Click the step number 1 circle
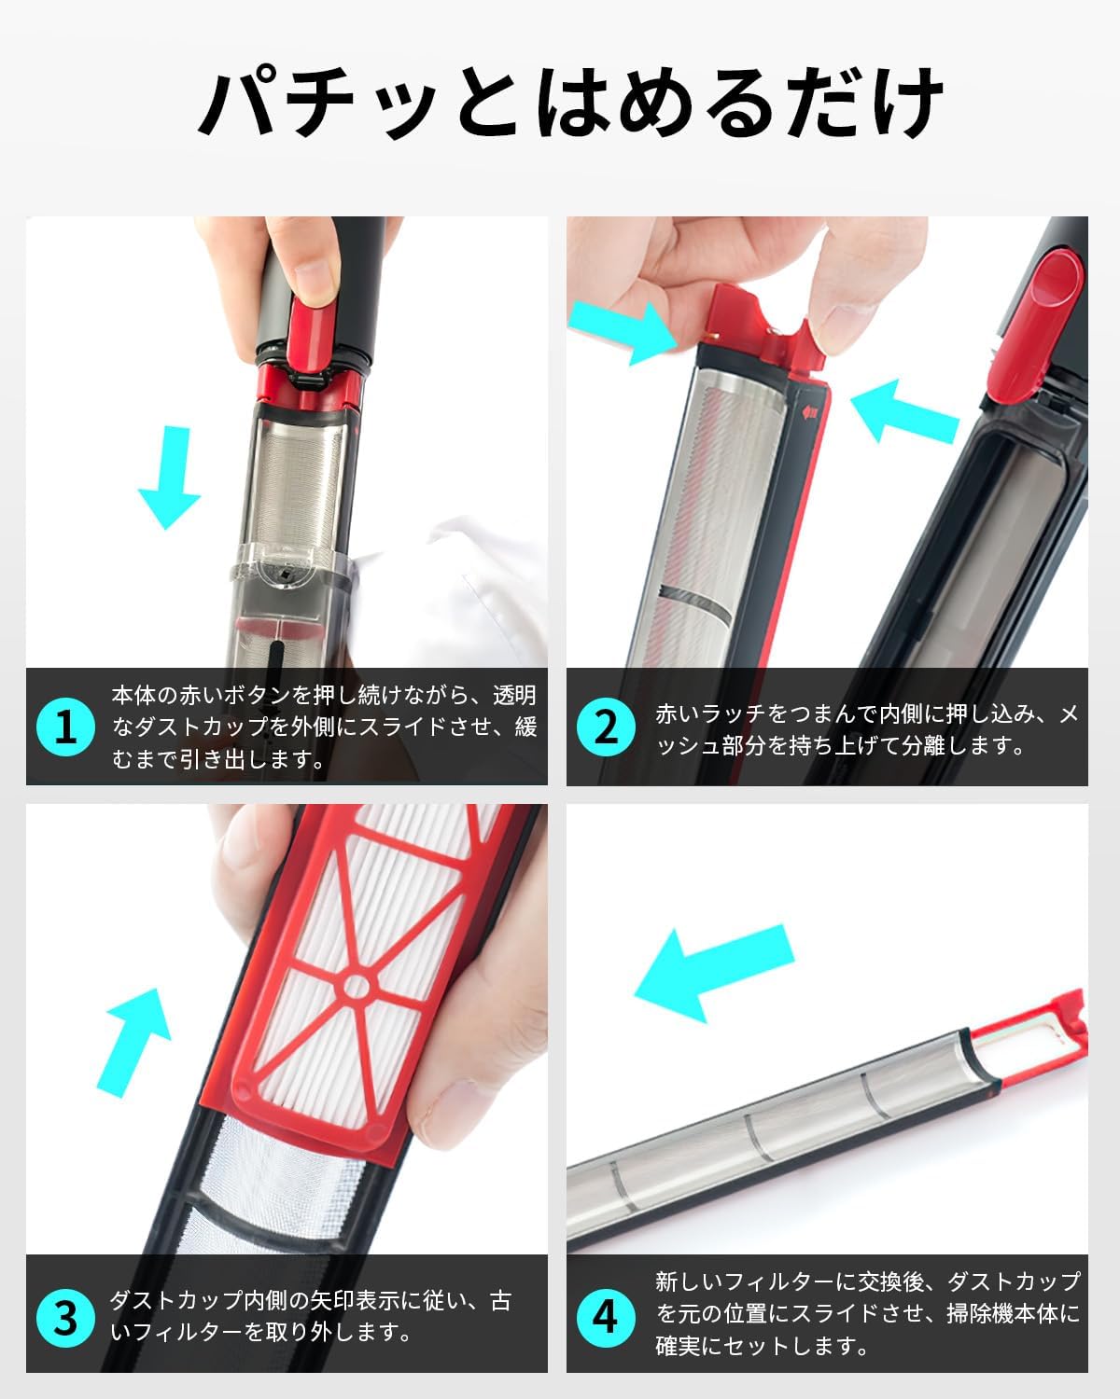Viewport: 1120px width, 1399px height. [x=65, y=727]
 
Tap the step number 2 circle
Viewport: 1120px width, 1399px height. [x=607, y=727]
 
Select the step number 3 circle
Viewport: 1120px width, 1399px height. [x=65, y=1317]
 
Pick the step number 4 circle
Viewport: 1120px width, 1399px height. [x=607, y=1317]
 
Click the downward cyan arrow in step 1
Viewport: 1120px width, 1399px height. [x=169, y=477]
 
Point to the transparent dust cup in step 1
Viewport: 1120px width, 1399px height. [x=294, y=597]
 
